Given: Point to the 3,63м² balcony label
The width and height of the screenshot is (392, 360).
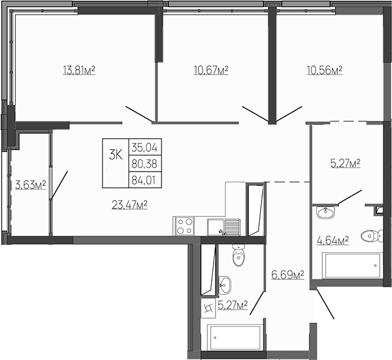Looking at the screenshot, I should coord(30,184).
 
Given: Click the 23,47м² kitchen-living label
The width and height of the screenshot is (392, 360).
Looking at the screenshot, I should coord(130,205).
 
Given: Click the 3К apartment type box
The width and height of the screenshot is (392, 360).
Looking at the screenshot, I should coord(115,154).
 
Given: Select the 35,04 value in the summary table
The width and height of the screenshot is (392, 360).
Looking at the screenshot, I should coord(144,147).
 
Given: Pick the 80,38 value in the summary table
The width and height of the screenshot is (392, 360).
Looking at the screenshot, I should coord(144,163).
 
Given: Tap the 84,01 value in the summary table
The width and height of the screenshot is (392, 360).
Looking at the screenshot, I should coord(144,179).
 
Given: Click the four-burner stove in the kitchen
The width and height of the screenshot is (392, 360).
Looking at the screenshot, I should coord(185,227).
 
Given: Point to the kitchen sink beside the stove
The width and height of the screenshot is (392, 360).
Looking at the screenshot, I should coord(223,227).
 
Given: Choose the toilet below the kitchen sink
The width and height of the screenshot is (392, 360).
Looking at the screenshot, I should coord(239,256).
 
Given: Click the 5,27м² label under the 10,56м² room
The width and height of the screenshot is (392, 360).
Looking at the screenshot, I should coord(345,163).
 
